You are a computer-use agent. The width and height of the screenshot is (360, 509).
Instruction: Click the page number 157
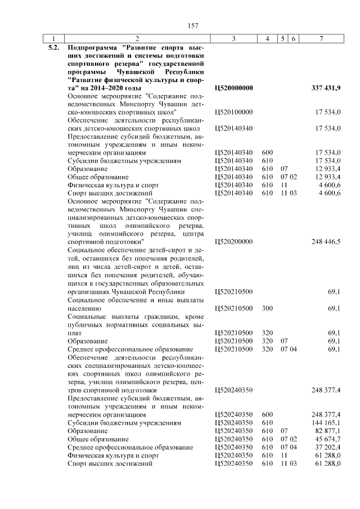[x=191, y=25]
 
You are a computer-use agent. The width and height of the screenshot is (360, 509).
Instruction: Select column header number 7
[x=321, y=38]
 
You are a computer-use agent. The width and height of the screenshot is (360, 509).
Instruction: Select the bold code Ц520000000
[x=234, y=88]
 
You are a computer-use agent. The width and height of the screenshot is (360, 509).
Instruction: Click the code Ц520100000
[x=234, y=112]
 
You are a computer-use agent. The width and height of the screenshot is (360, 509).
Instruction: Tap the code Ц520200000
[x=234, y=242]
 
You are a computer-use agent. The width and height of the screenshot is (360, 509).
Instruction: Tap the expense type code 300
[x=267, y=308]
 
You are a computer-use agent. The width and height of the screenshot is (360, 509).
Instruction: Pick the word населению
[x=84, y=308]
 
